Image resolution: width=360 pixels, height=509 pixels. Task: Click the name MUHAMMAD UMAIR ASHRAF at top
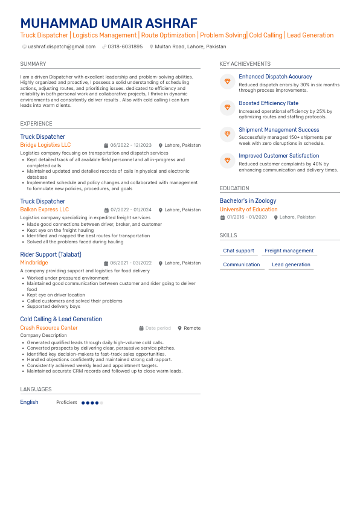[x=109, y=23]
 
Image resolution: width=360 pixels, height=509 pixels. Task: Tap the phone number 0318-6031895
[x=125, y=46]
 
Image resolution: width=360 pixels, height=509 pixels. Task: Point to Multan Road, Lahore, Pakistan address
[x=190, y=46]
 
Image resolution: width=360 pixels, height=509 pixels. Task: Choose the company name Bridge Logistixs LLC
[x=45, y=145]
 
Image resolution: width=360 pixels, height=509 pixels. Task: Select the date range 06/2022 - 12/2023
[x=130, y=146]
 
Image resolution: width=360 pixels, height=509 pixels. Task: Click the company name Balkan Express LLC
[x=44, y=210]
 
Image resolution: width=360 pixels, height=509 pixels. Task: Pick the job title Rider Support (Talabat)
[x=51, y=254]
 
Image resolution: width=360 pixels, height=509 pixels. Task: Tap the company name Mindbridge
[x=34, y=263]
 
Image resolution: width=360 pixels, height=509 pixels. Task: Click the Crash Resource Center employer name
[x=49, y=328]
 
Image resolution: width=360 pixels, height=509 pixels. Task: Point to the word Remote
[x=192, y=328]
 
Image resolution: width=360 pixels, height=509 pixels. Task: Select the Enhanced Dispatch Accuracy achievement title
[x=275, y=77]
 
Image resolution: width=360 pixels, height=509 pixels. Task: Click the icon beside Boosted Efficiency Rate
[x=228, y=107]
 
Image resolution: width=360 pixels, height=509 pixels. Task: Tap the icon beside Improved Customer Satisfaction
[x=228, y=160]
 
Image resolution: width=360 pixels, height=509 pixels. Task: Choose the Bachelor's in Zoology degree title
[x=248, y=200]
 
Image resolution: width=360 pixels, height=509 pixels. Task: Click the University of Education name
[x=248, y=210]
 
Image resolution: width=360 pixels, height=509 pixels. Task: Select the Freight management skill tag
[x=289, y=251]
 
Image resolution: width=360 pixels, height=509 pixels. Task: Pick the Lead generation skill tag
[x=291, y=264]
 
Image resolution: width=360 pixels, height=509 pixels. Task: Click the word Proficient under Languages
[x=66, y=402]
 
